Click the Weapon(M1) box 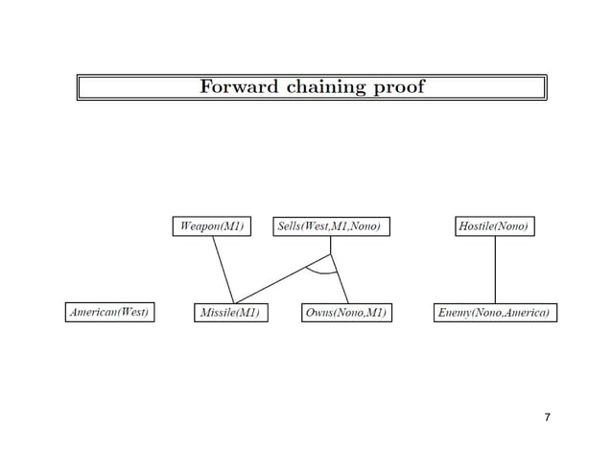point(211,226)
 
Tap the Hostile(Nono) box point(494,226)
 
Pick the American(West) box point(110,313)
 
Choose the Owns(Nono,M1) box point(345,313)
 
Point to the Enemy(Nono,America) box point(495,313)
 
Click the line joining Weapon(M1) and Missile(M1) point(223,269)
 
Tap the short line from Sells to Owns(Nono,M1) point(339,278)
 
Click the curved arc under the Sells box point(321,272)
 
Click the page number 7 point(547,417)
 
